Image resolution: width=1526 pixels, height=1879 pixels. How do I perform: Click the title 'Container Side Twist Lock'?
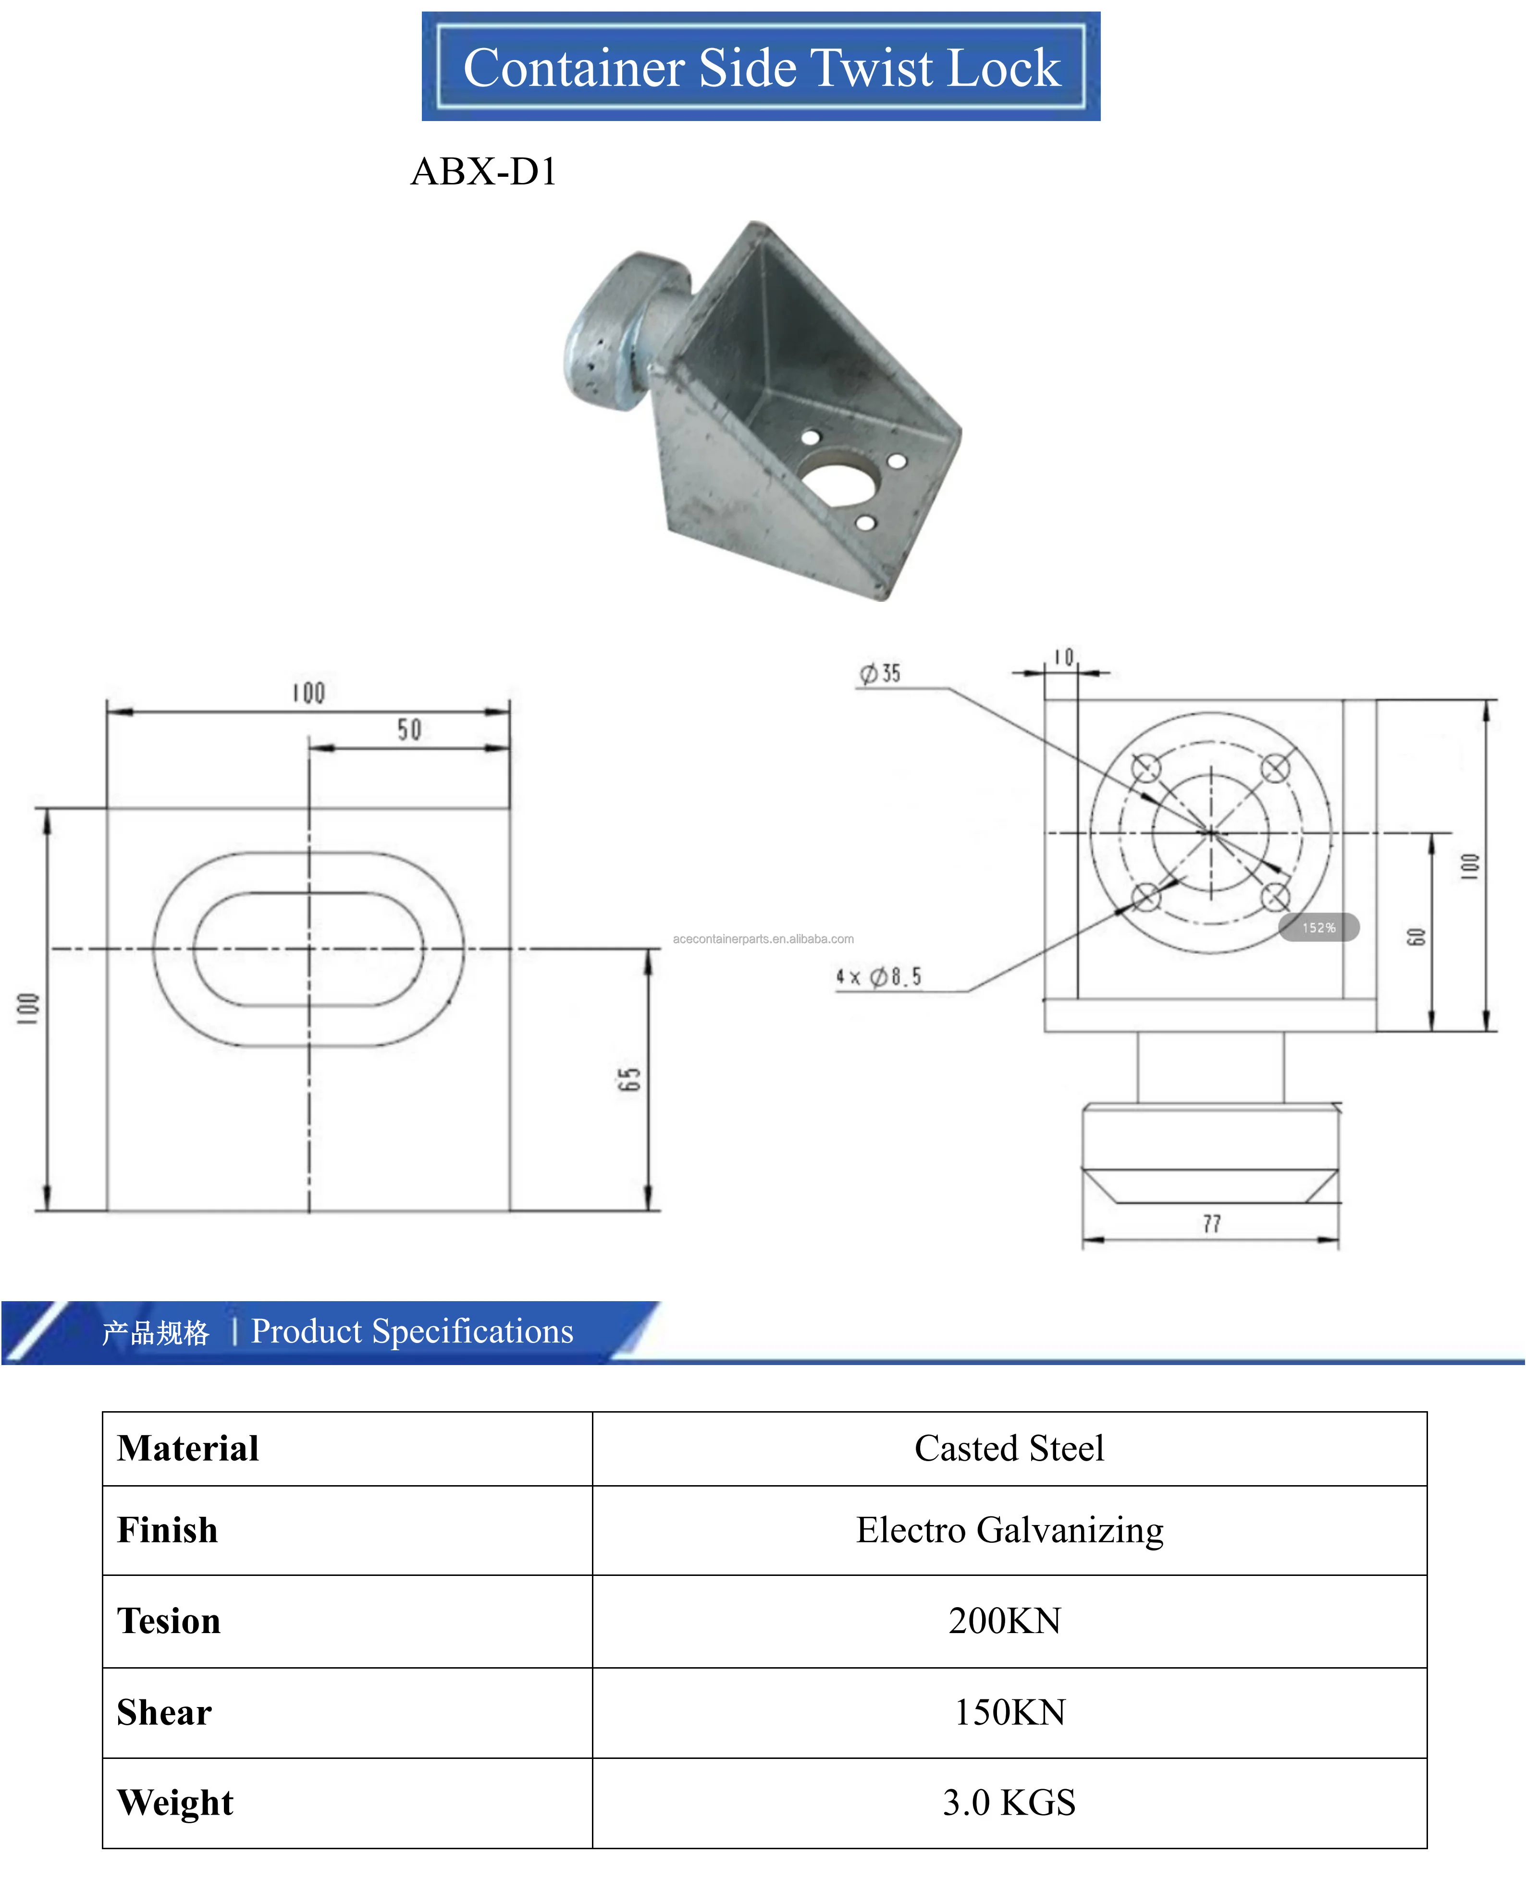coord(761,68)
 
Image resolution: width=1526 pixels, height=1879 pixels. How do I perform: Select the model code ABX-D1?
coord(483,171)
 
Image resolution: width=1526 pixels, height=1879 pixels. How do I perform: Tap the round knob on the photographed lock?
coord(615,334)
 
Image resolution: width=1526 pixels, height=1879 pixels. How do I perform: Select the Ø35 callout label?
coord(881,673)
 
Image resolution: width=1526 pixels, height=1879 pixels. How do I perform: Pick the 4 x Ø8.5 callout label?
coord(878,976)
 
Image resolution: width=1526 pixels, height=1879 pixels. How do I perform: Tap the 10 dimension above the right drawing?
coord(1064,658)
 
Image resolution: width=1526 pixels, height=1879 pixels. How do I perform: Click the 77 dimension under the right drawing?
coord(1211,1223)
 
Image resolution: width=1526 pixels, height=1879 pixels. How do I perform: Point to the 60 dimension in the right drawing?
coord(1415,937)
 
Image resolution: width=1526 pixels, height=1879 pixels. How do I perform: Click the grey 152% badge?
coord(1318,927)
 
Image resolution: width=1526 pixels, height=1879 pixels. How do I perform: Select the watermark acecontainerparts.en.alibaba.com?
coord(763,939)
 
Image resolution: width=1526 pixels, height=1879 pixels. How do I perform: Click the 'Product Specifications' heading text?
coord(412,1331)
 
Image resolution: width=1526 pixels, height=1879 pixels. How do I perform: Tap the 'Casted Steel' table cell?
coord(1009,1448)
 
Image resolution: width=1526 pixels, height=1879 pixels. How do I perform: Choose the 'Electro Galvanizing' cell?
coord(1009,1530)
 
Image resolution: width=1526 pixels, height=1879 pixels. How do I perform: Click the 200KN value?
coord(1005,1621)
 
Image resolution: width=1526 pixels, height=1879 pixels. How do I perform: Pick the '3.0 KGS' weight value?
coord(1009,1803)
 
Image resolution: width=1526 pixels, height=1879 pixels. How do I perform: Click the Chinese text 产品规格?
coord(156,1333)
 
